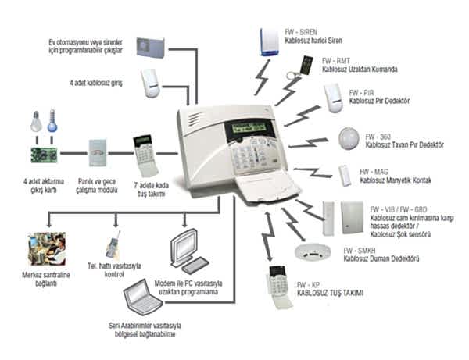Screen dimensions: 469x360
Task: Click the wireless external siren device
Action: pyautogui.click(x=269, y=42)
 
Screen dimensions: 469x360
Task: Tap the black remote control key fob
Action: pyautogui.click(x=306, y=65)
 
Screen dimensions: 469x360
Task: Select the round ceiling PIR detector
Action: pyautogui.click(x=349, y=138)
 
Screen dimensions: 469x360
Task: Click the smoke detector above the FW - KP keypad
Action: pyautogui.click(x=312, y=252)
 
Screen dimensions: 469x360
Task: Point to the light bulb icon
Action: pyautogui.click(x=36, y=121)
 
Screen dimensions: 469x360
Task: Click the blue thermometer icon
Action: pyautogui.click(x=52, y=121)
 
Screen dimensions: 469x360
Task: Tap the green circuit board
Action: pyautogui.click(x=44, y=155)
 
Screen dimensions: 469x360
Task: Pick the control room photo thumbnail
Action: pyautogui.click(x=47, y=248)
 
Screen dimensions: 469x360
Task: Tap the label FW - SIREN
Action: pyautogui.click(x=301, y=32)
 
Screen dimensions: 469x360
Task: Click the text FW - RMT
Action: pyautogui.click(x=335, y=61)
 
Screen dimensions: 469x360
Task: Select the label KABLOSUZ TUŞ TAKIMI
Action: pyautogui.click(x=330, y=293)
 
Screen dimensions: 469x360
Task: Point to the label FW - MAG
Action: pyautogui.click(x=374, y=172)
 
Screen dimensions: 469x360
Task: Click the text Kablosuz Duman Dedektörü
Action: pyautogui.click(x=381, y=258)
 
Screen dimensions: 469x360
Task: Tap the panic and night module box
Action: pyautogui.click(x=98, y=153)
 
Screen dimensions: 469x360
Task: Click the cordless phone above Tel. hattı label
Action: pyautogui.click(x=113, y=245)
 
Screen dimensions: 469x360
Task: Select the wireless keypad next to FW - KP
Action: pyautogui.click(x=279, y=287)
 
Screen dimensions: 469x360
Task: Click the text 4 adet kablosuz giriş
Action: pyautogui.click(x=96, y=83)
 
